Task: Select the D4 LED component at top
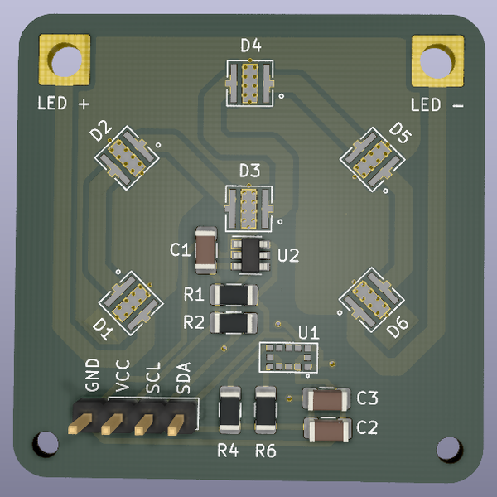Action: [249, 82]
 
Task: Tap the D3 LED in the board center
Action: [248, 207]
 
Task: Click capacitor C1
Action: [205, 249]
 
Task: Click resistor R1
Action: [234, 294]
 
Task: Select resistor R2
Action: [234, 322]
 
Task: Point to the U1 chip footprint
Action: [288, 357]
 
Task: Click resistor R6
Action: [266, 410]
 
